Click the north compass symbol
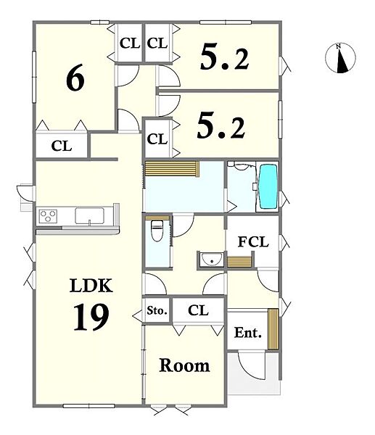(340, 58)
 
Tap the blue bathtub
(268, 186)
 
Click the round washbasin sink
(213, 260)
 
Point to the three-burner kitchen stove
(49, 216)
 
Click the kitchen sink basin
(89, 216)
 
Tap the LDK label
(91, 285)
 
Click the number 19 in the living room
(91, 317)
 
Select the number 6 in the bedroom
(75, 78)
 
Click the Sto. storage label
(157, 310)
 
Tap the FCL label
(253, 242)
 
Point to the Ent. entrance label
(248, 332)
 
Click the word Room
(184, 365)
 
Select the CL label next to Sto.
(198, 310)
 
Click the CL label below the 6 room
(62, 146)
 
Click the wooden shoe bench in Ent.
(273, 328)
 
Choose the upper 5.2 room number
(224, 58)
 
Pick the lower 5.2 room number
(221, 125)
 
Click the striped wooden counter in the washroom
(172, 169)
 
